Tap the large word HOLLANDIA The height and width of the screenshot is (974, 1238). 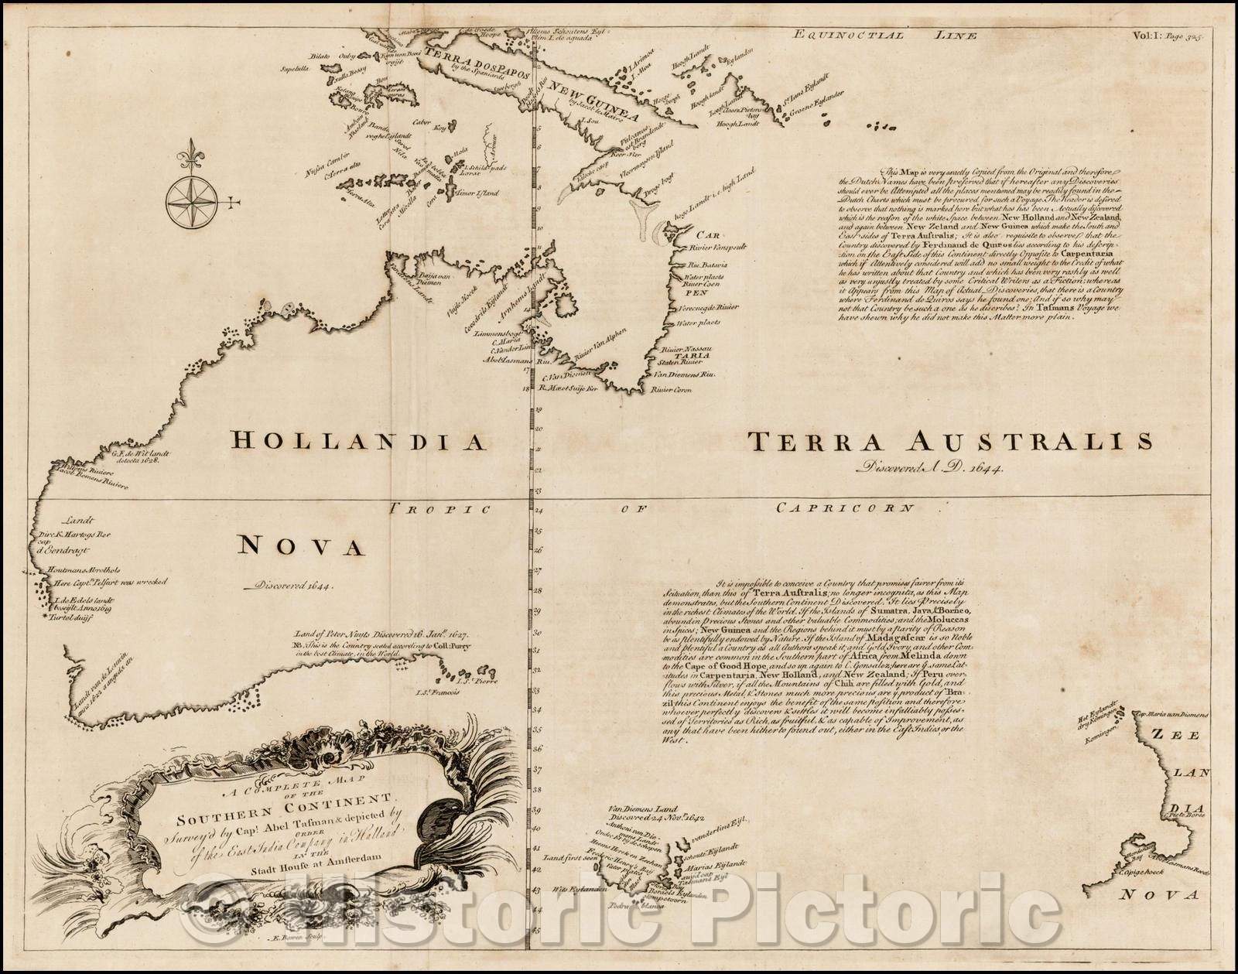click(358, 443)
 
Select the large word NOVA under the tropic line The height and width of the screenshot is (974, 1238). click(299, 547)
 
